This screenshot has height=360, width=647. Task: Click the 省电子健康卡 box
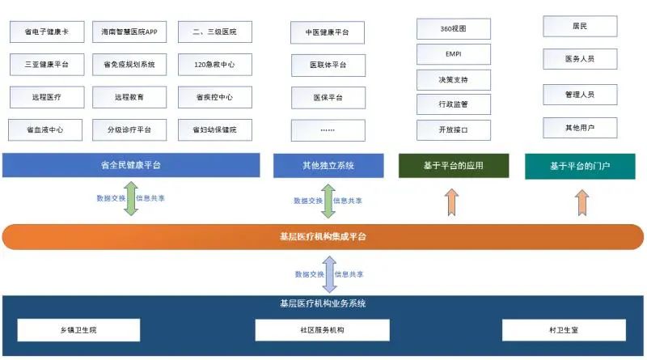coord(46,32)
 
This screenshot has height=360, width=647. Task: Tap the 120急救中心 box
coord(214,65)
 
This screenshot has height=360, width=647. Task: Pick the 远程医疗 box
coord(46,97)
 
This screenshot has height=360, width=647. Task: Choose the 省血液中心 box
coord(46,129)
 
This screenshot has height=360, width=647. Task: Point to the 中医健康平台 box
coord(328,32)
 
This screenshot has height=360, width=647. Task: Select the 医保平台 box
coord(328,97)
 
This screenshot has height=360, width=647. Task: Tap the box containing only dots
coord(328,129)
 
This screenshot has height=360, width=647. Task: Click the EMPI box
coord(454,54)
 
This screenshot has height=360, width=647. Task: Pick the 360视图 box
coord(454,29)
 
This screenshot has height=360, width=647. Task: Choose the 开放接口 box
coord(454,129)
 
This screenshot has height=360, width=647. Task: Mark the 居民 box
coord(580,27)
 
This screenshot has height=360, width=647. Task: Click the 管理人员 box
coord(580,95)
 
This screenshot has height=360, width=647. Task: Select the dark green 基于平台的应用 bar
coord(454,166)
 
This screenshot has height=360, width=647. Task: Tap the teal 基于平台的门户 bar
coord(580,166)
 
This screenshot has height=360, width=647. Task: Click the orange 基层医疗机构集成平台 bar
coord(323,237)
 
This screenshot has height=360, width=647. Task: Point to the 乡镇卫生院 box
coord(78,330)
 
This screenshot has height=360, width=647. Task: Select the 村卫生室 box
coord(564,330)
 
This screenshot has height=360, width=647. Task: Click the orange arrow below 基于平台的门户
coord(581,201)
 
